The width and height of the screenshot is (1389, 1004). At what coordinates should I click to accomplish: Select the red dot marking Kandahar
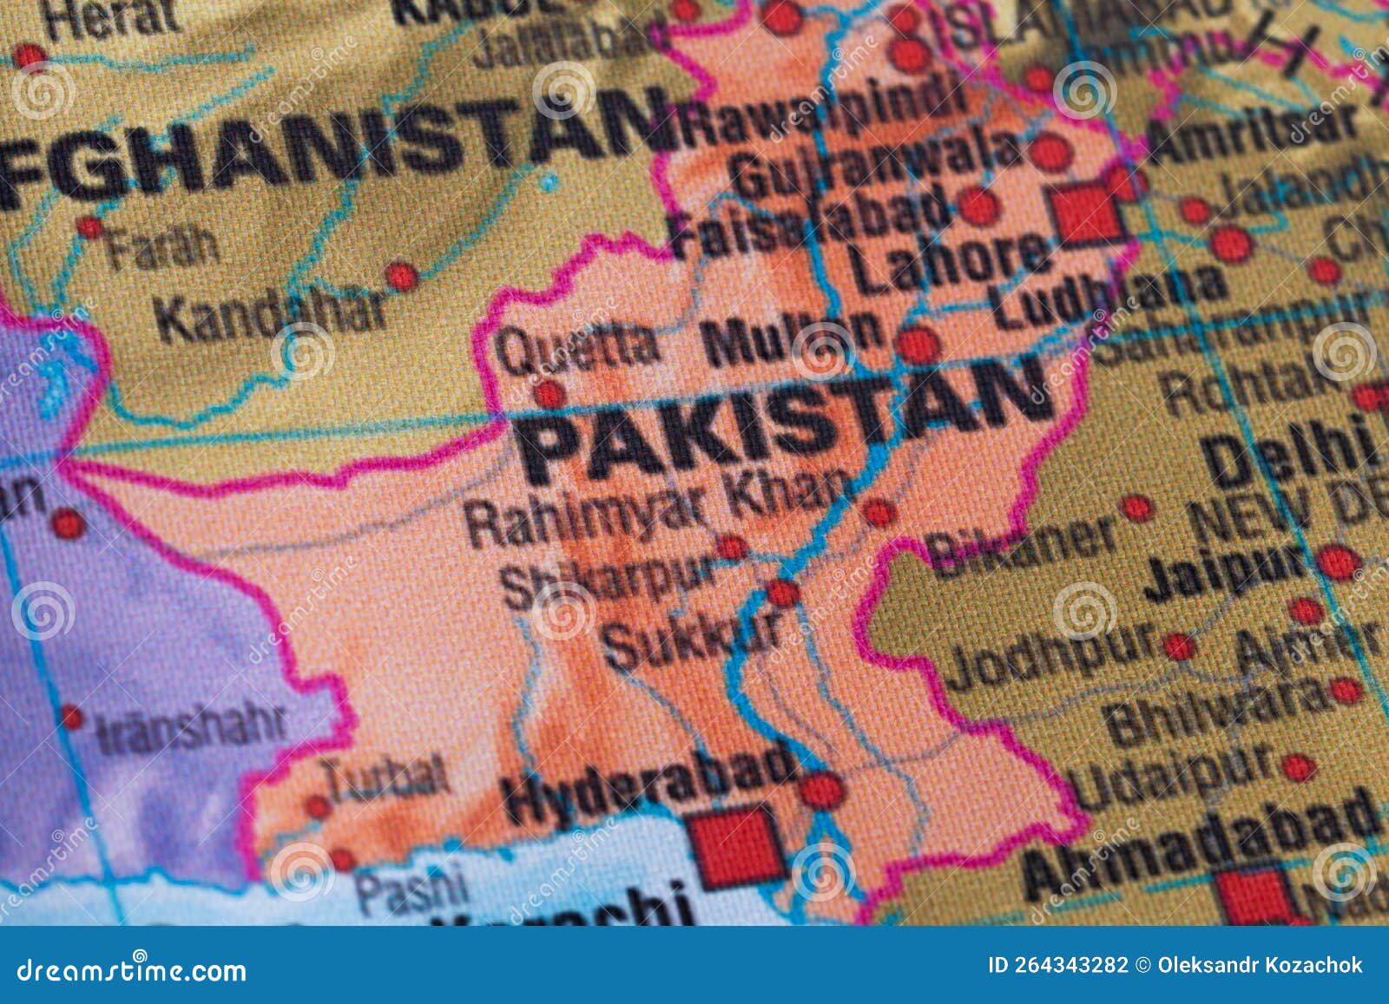401,276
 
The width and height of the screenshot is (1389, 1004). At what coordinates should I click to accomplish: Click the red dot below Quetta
549,395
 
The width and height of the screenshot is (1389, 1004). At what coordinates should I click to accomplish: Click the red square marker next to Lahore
1086,213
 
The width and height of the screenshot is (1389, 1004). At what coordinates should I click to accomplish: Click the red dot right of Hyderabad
820,791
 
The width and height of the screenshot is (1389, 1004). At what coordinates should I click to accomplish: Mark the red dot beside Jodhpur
1178,646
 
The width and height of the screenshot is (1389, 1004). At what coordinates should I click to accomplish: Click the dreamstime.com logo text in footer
132,969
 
